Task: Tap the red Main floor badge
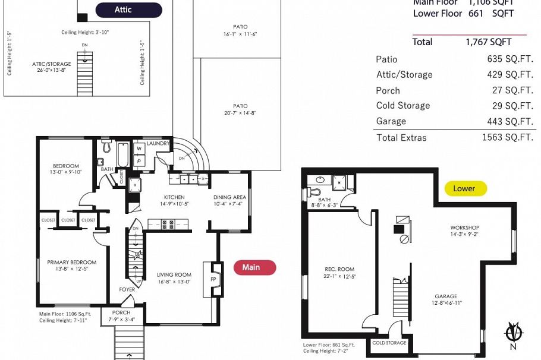[250, 267]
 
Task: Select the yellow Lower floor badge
[465, 189]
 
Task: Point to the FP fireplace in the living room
[213, 279]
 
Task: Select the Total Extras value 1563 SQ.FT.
[507, 138]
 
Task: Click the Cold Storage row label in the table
[402, 106]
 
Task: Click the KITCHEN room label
[174, 197]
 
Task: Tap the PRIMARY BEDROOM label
[71, 262]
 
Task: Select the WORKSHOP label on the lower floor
[464, 228]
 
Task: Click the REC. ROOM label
[339, 269]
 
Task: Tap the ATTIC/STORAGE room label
[51, 64]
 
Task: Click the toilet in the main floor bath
[107, 146]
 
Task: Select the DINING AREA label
[229, 197]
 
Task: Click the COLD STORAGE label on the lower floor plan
[389, 343]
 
